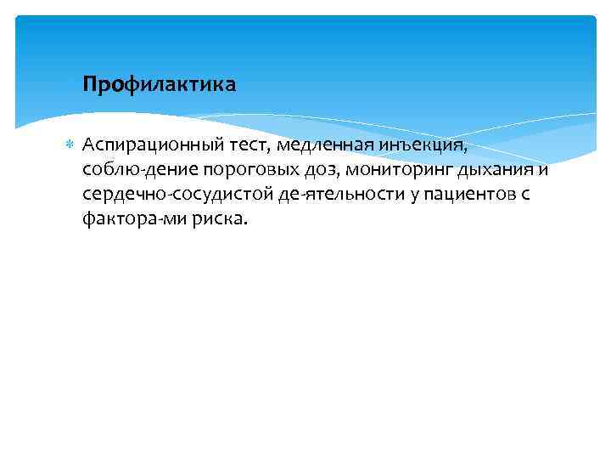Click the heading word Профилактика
pos(160,86)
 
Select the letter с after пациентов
pos(525,196)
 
